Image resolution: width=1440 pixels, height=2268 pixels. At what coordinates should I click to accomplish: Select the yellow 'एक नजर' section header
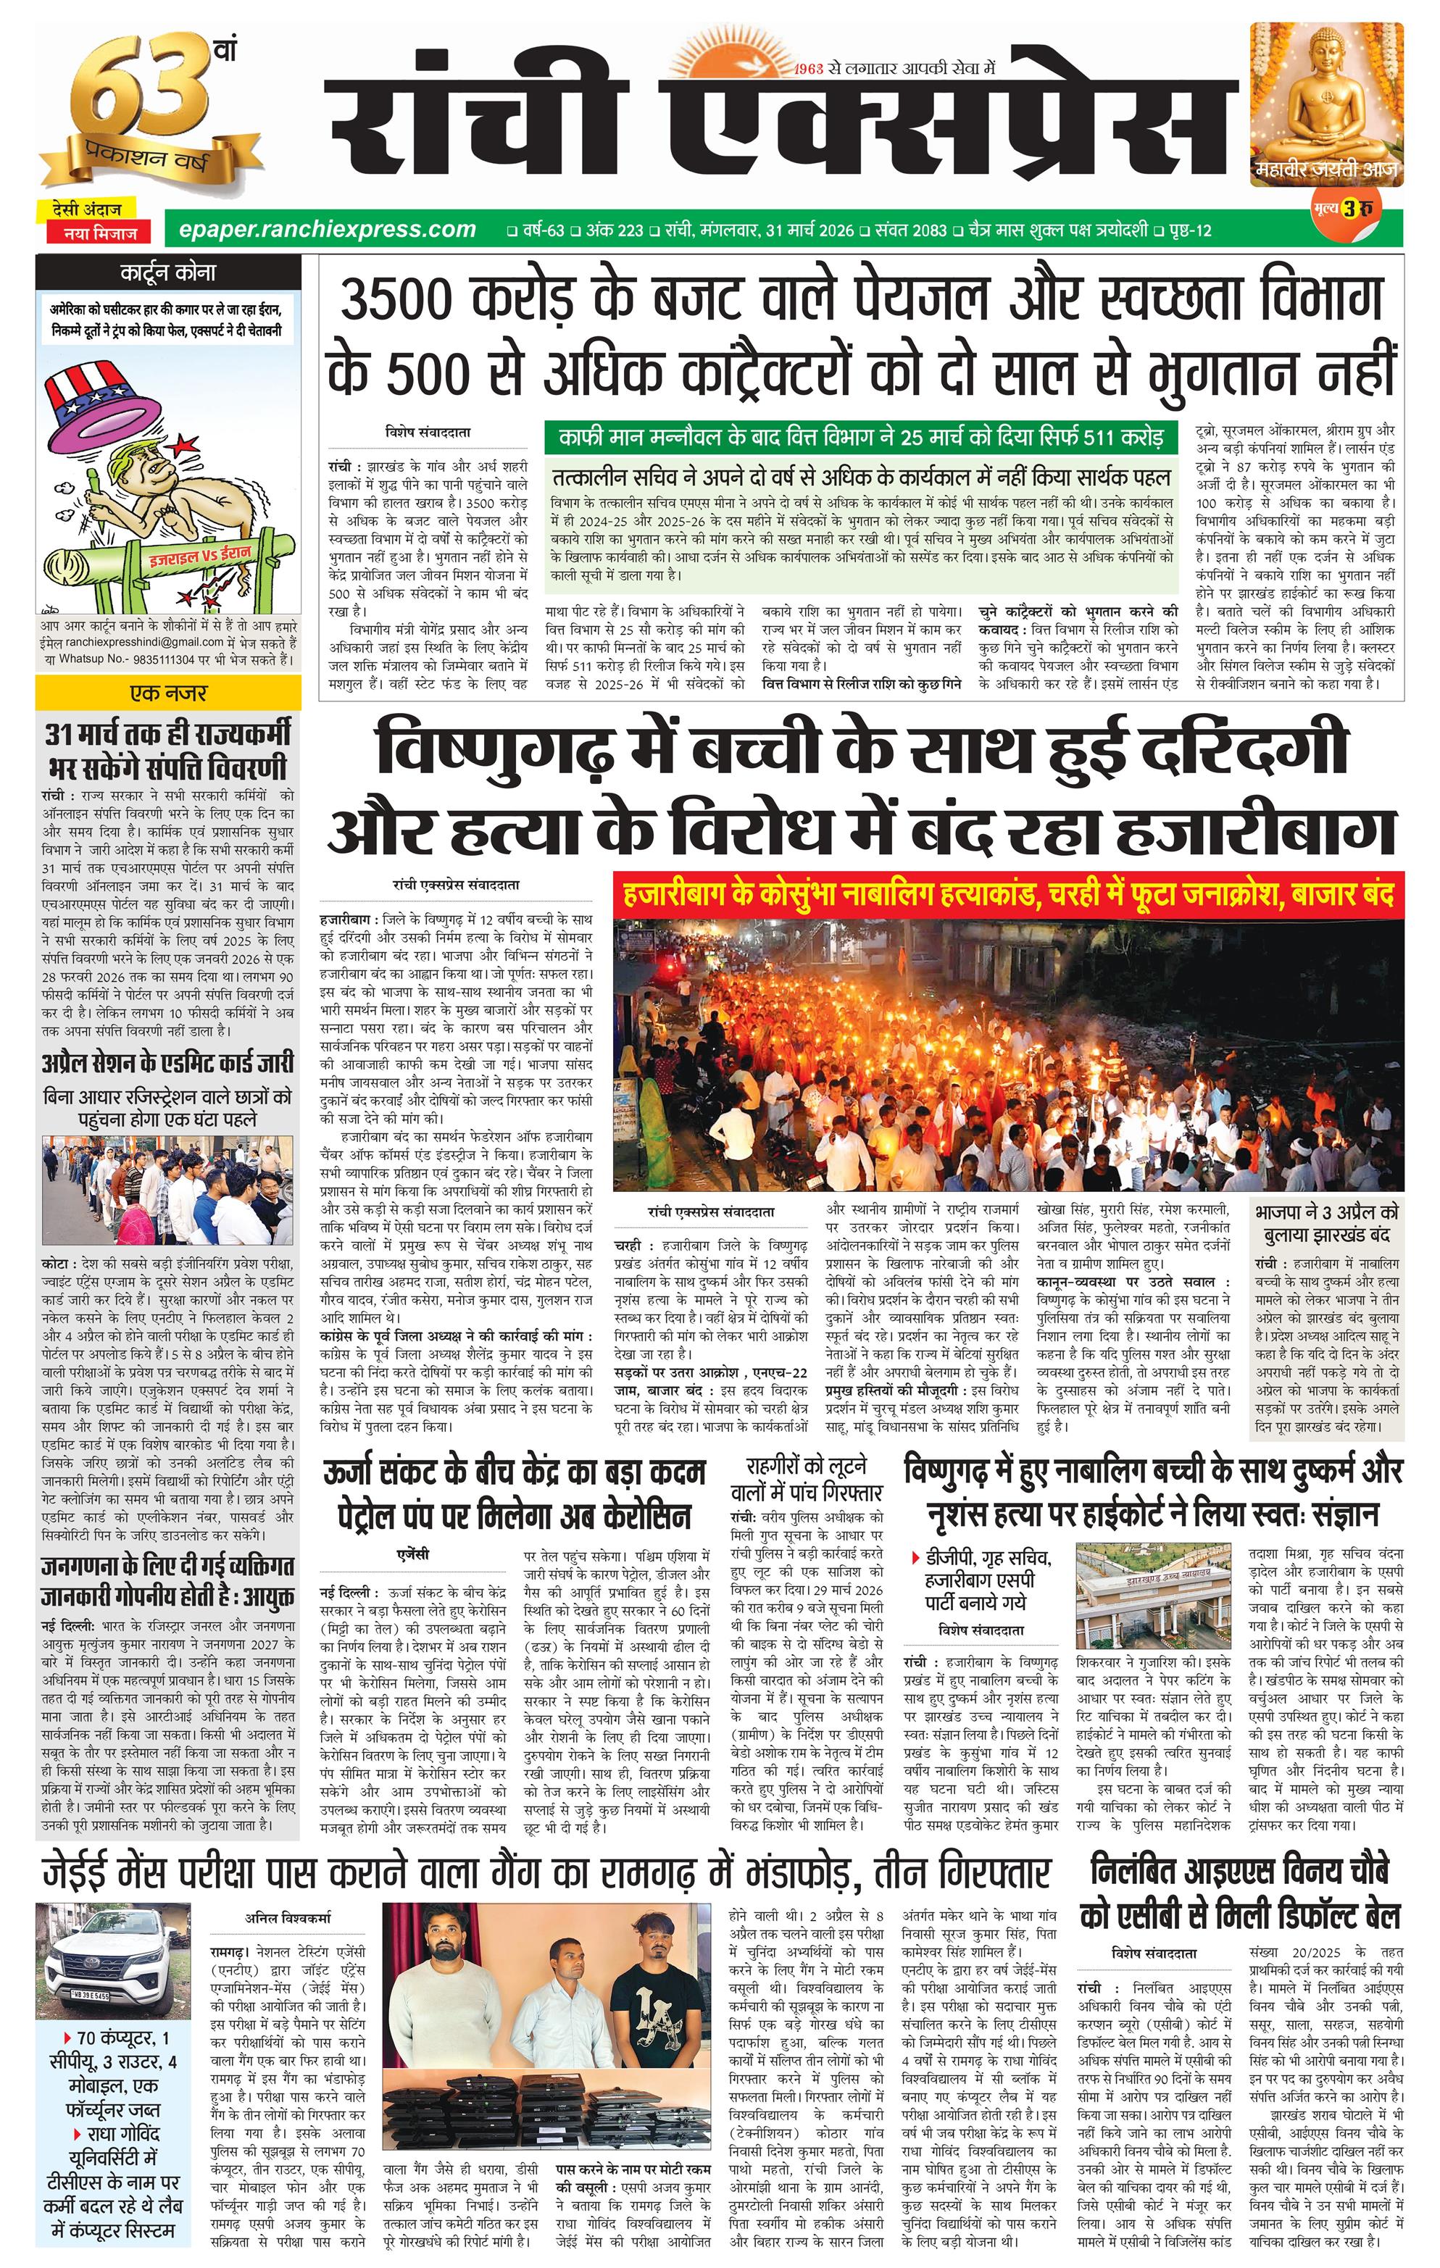[167, 693]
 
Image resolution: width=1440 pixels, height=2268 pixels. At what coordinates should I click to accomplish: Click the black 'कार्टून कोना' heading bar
[167, 273]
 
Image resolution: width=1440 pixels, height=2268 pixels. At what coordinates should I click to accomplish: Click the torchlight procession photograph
[1008, 1055]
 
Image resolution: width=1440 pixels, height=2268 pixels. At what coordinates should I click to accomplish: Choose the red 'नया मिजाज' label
[101, 233]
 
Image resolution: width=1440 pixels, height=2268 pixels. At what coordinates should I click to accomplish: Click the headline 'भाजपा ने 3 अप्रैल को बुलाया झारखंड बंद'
[1326, 1222]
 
